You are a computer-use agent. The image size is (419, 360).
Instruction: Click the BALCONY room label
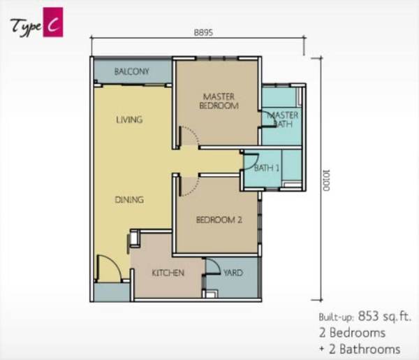click(x=131, y=71)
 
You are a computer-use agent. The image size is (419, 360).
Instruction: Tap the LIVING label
click(x=129, y=120)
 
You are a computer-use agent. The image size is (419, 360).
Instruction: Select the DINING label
click(x=129, y=199)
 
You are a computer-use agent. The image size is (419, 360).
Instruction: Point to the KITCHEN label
click(x=168, y=273)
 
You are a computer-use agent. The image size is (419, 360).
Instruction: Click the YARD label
click(x=233, y=273)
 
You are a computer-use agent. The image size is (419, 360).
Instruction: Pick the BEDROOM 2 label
click(x=219, y=220)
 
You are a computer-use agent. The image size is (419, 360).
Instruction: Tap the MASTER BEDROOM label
click(x=219, y=101)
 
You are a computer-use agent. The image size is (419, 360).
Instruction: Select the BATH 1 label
click(x=267, y=168)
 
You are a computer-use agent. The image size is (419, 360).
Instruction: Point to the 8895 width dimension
click(x=203, y=33)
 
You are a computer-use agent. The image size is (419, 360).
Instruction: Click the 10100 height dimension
click(x=326, y=180)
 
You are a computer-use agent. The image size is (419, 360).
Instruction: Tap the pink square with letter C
click(x=53, y=22)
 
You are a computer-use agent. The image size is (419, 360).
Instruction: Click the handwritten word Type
click(x=26, y=27)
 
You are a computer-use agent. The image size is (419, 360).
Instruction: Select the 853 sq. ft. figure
click(x=384, y=317)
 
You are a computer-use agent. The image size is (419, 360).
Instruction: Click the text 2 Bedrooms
click(x=352, y=333)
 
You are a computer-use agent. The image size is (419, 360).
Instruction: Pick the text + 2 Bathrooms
click(x=360, y=350)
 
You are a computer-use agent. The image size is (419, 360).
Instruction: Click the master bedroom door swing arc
click(x=193, y=132)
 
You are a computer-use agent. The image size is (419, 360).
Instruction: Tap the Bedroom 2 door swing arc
click(x=193, y=188)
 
